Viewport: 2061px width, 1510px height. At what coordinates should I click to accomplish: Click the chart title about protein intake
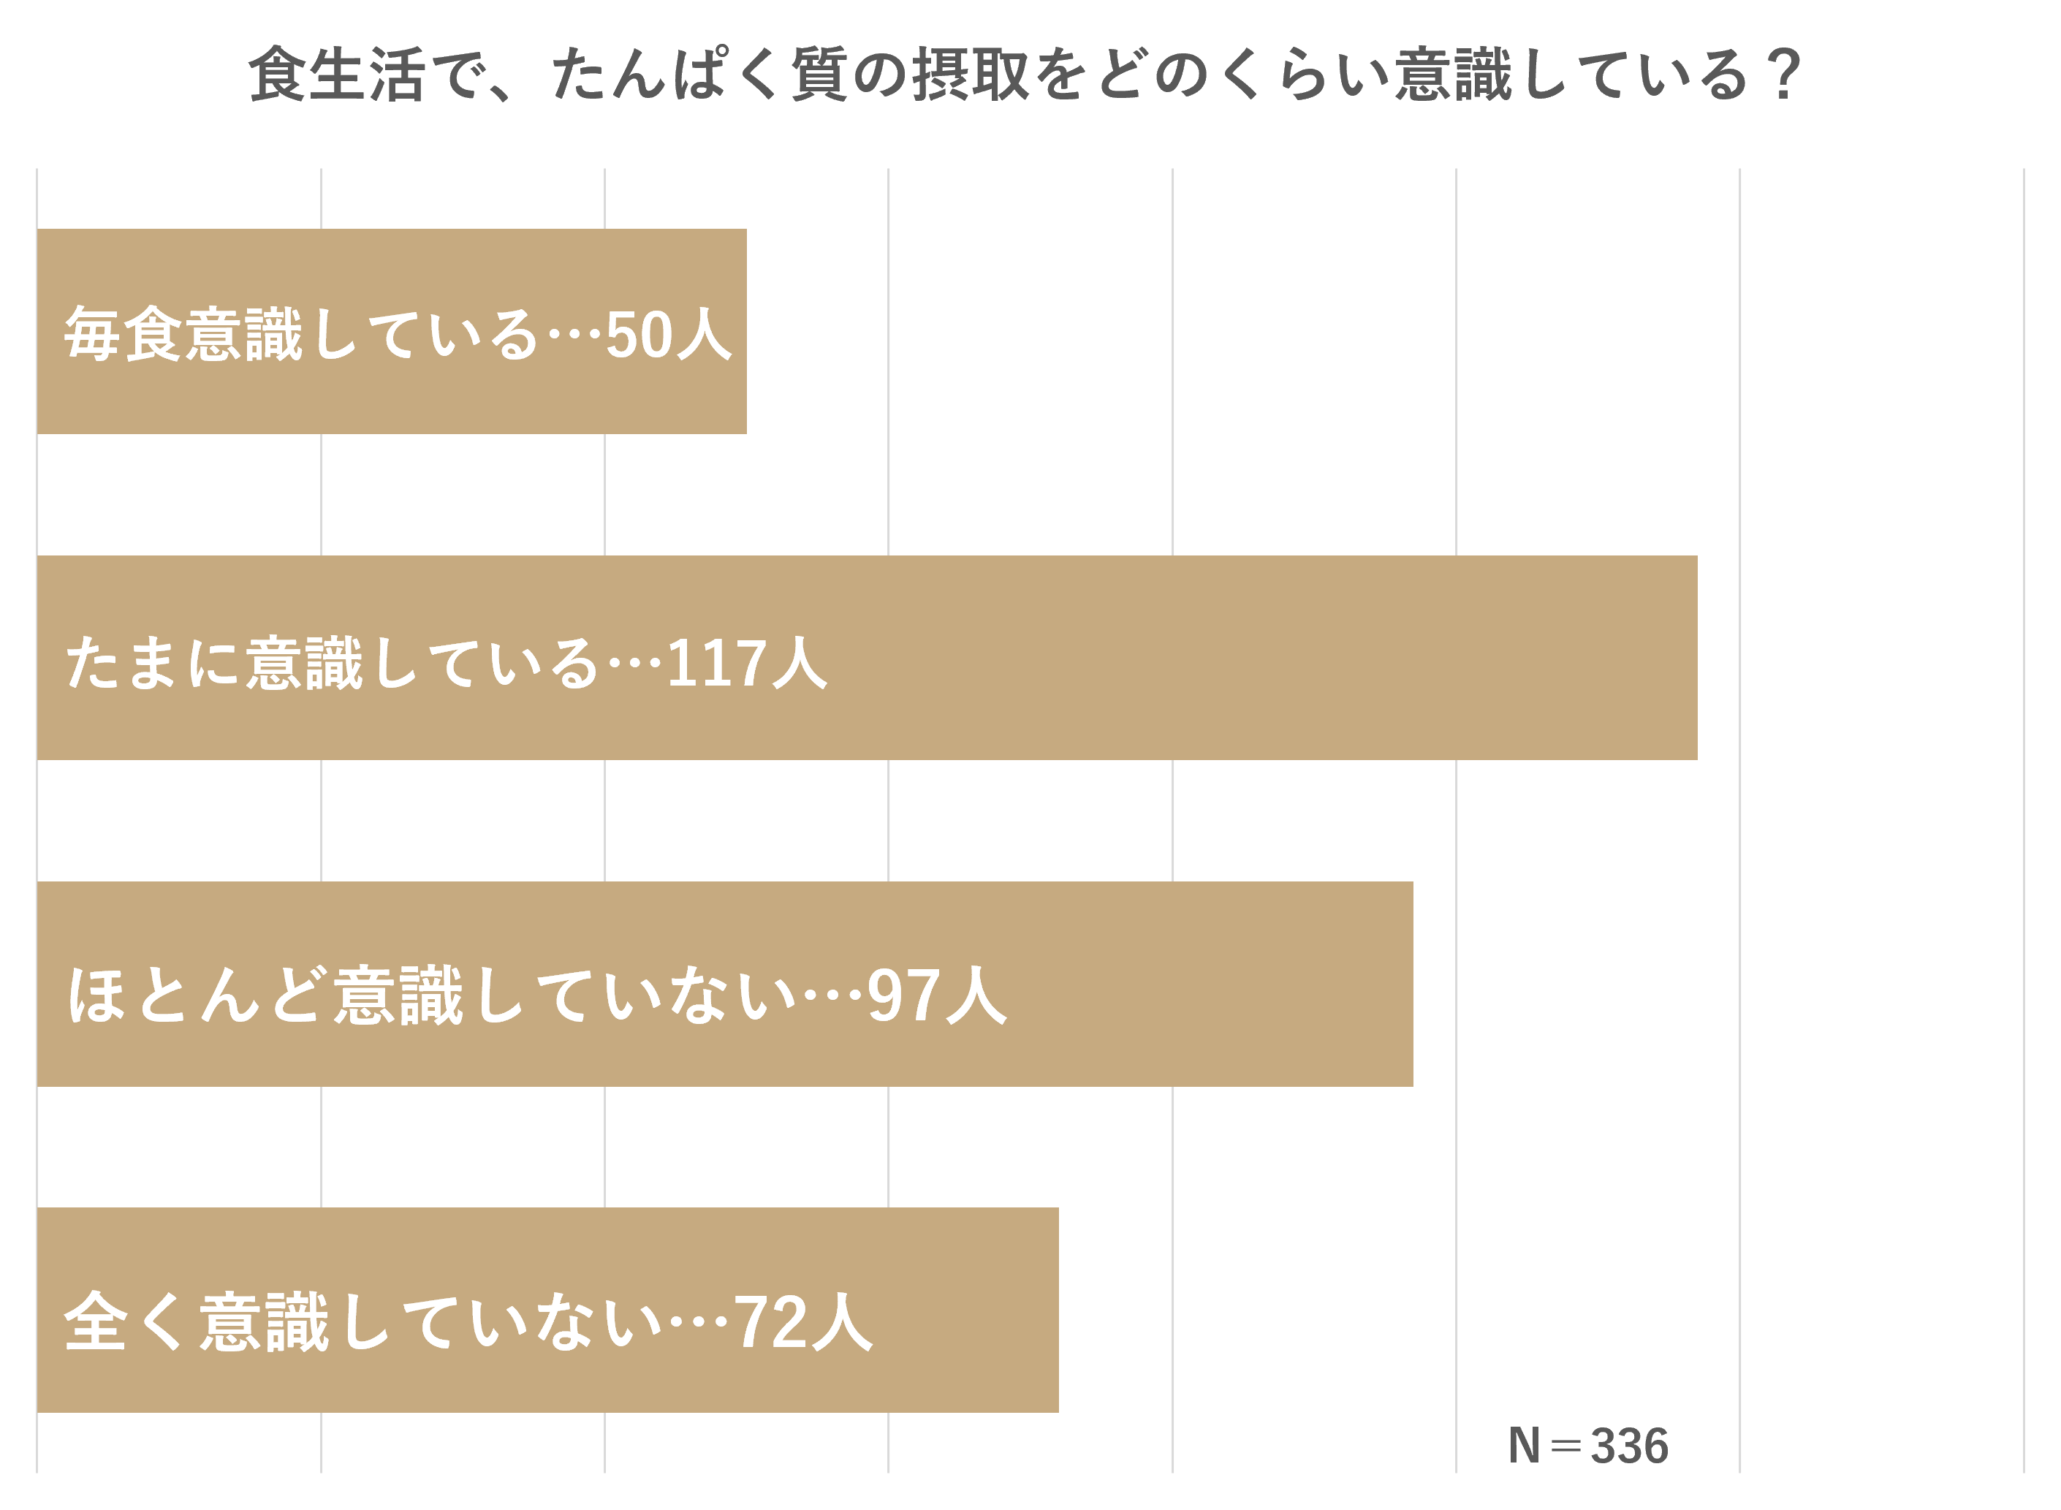coord(1024,75)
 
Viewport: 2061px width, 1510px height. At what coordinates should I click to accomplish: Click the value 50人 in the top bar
coord(668,335)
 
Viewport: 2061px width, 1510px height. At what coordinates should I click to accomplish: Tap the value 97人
coord(936,995)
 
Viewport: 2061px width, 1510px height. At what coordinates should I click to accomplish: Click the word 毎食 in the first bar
coord(123,335)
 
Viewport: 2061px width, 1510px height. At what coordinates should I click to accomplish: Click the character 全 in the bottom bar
coord(95,1321)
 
